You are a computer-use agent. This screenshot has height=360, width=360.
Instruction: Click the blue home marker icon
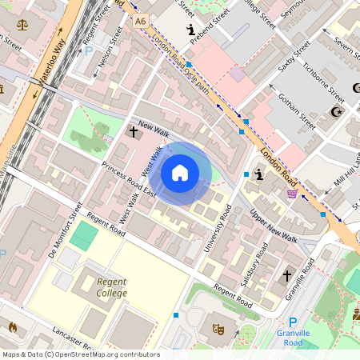(180, 173)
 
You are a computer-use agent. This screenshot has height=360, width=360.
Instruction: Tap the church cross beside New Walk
(134, 131)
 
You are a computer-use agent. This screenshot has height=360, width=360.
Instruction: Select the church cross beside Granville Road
(286, 276)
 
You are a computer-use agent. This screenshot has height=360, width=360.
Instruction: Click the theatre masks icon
(217, 328)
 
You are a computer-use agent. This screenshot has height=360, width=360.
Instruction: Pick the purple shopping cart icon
(293, 193)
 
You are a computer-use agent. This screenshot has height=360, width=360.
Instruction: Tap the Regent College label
(111, 287)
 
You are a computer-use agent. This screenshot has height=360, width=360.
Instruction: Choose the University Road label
(217, 229)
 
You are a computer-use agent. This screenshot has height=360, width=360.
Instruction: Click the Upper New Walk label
(273, 228)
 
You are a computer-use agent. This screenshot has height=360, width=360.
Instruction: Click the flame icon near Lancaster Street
(12, 326)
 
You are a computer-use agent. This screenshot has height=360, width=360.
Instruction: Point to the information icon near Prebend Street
(190, 30)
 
